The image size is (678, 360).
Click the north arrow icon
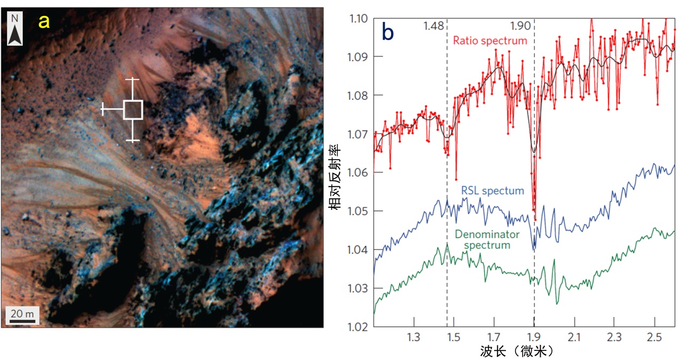pos(16,29)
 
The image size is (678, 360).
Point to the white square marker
pos(133,109)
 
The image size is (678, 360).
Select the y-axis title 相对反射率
pos(334,173)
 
